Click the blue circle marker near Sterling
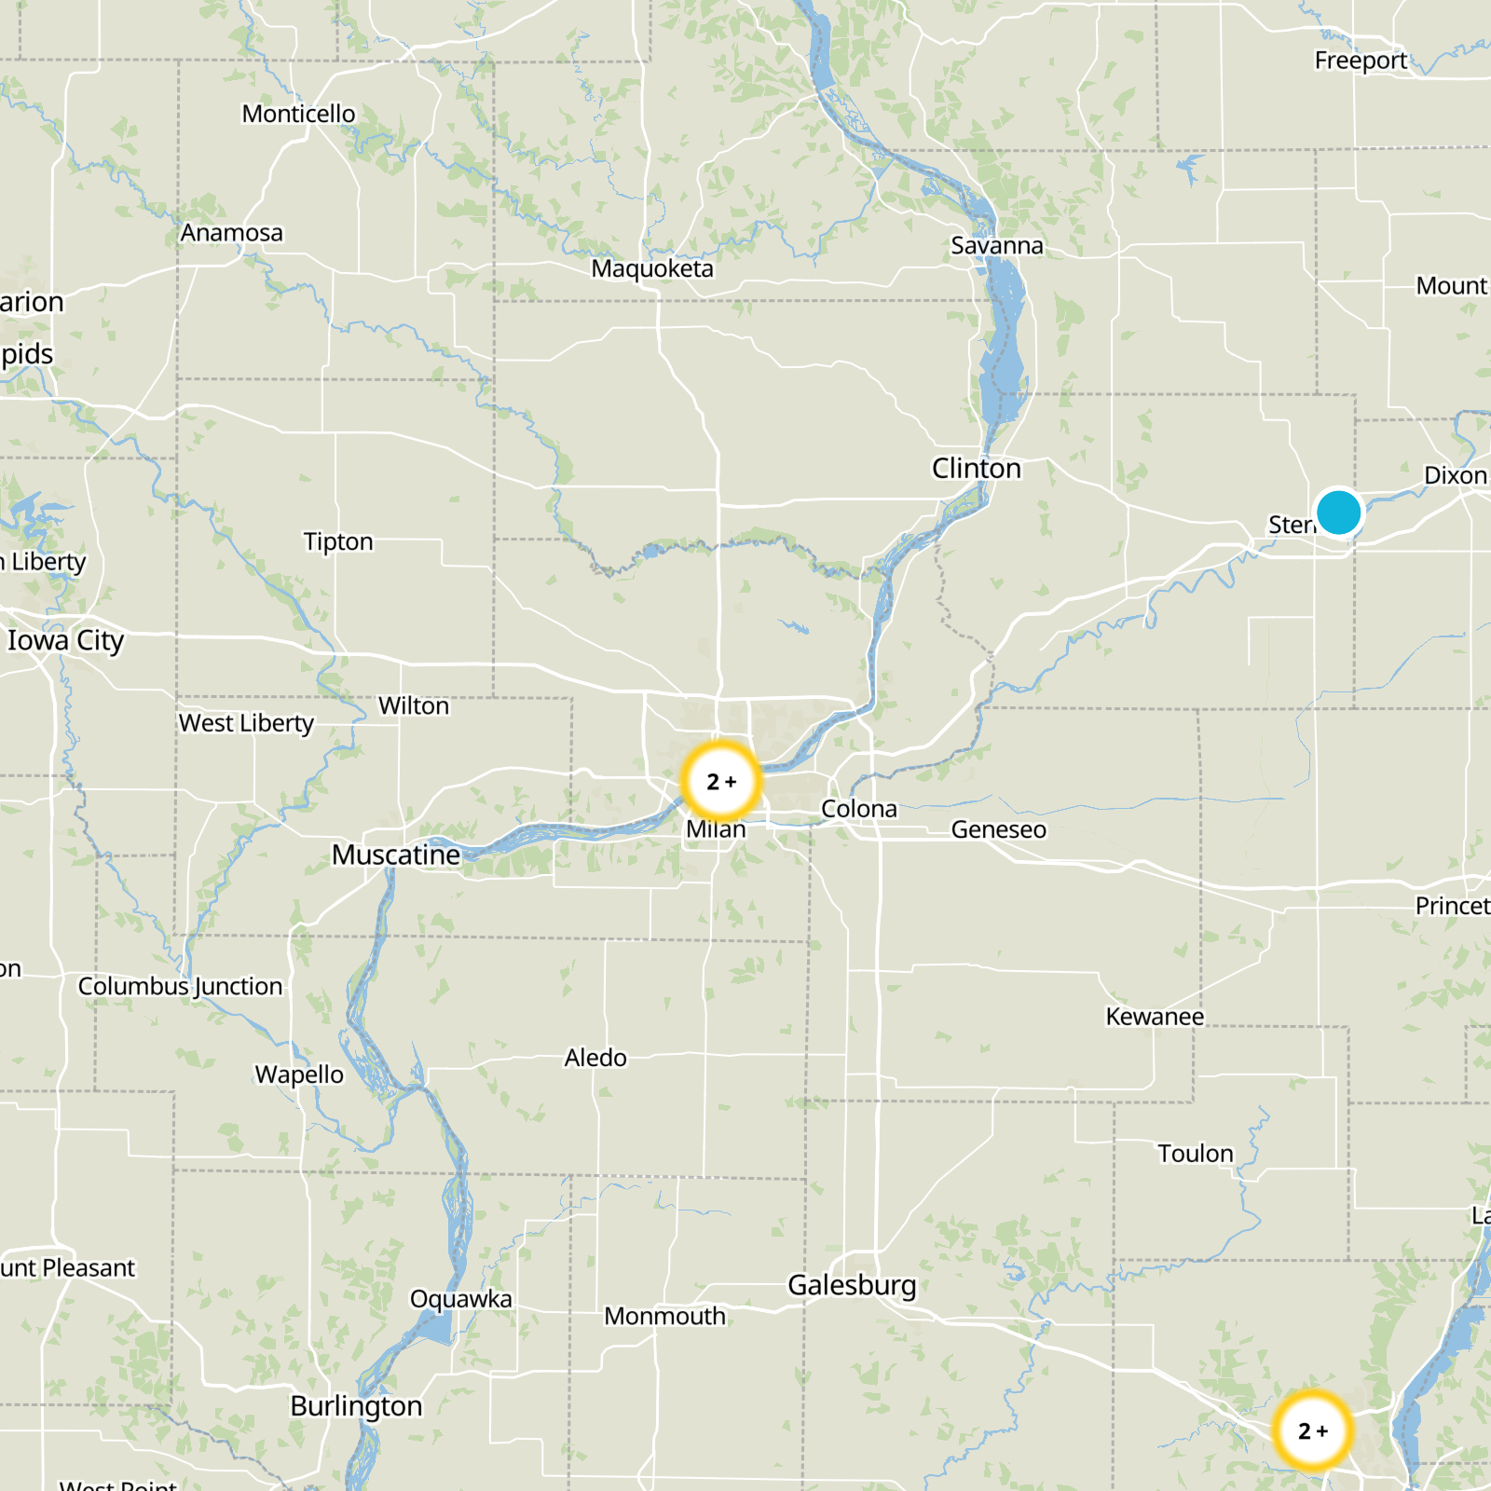tap(1338, 513)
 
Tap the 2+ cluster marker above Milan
tap(720, 781)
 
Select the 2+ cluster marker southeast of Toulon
tap(1312, 1430)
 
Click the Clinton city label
tap(976, 468)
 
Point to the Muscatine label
tap(396, 855)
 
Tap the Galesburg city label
tap(852, 1285)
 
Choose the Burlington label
tap(356, 1405)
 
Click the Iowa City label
tap(65, 640)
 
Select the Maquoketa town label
tap(652, 268)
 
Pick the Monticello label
tap(298, 114)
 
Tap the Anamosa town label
tap(232, 232)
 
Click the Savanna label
tap(997, 245)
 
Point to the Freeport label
tap(1361, 61)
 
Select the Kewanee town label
tap(1155, 1016)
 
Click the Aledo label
tap(595, 1058)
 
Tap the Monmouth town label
tap(664, 1316)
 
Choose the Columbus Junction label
tap(180, 986)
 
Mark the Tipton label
tap(338, 541)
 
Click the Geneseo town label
tap(998, 829)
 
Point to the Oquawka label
tap(460, 1298)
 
